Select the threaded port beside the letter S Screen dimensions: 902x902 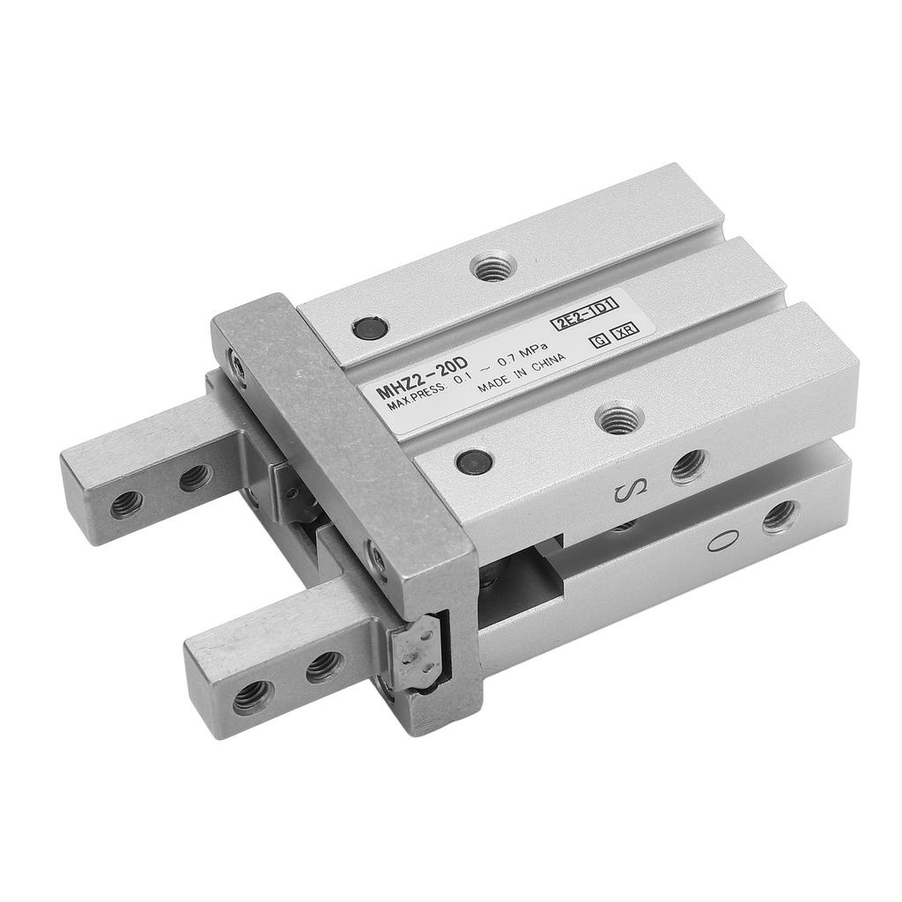(x=689, y=465)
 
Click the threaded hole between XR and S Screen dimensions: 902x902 (x=619, y=418)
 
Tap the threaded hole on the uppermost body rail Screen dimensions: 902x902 (x=492, y=266)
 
